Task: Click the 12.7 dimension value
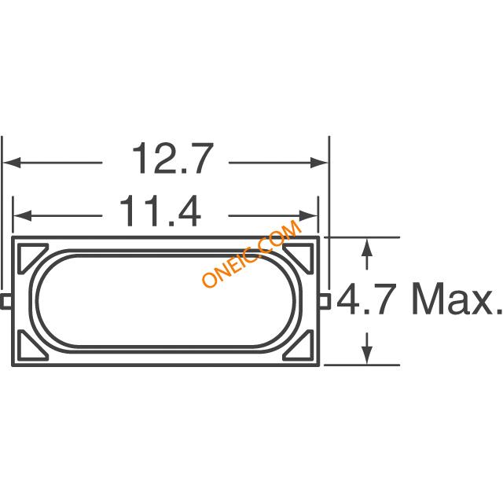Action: [x=173, y=159]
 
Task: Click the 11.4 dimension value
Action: [x=160, y=211]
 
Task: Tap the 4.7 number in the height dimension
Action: [x=365, y=299]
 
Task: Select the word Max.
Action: [x=457, y=299]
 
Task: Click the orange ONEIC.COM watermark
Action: [x=251, y=253]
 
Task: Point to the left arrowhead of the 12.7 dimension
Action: [x=12, y=163]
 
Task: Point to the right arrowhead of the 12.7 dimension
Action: [x=320, y=163]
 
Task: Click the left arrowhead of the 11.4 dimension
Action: [x=23, y=216]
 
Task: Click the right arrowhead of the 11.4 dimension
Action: [x=308, y=216]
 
